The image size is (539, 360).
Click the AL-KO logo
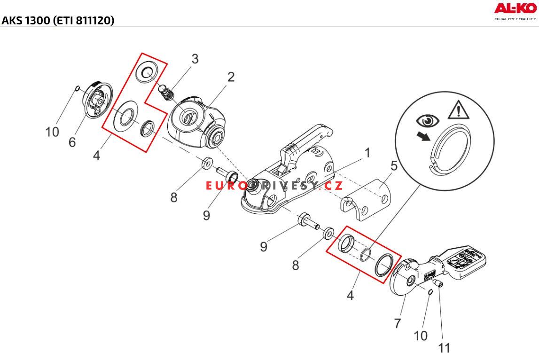click(515, 11)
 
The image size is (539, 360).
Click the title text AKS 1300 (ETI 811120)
click(58, 21)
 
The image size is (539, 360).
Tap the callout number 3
click(195, 59)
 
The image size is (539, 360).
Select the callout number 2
click(231, 77)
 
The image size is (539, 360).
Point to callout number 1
click(367, 152)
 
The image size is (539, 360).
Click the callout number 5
click(394, 165)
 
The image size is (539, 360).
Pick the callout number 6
click(72, 142)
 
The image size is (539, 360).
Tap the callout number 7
click(398, 323)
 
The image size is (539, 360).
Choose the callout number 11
click(444, 348)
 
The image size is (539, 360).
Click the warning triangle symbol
click(459, 110)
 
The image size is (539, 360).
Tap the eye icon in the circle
click(428, 121)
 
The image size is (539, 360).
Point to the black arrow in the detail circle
click(423, 136)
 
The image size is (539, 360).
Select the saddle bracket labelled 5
click(366, 199)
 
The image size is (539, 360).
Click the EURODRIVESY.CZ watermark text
click(274, 186)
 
